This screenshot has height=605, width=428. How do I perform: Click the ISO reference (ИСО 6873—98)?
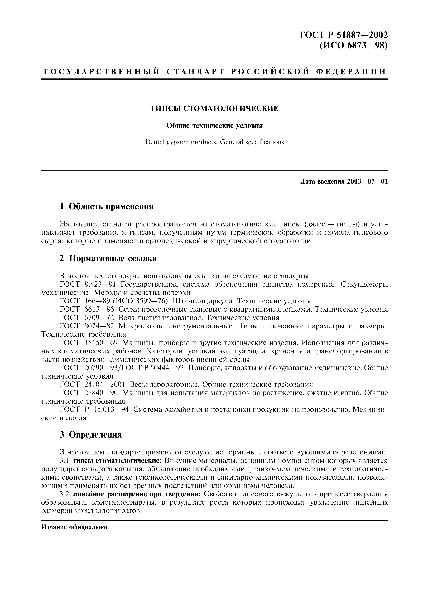[353, 46]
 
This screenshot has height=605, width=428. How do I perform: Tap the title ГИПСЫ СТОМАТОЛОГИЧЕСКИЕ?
[214, 108]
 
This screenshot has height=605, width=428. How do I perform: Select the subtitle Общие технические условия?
[214, 126]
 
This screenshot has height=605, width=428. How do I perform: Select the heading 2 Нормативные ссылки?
[108, 259]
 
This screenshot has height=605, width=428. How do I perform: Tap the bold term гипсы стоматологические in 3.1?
[118, 461]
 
